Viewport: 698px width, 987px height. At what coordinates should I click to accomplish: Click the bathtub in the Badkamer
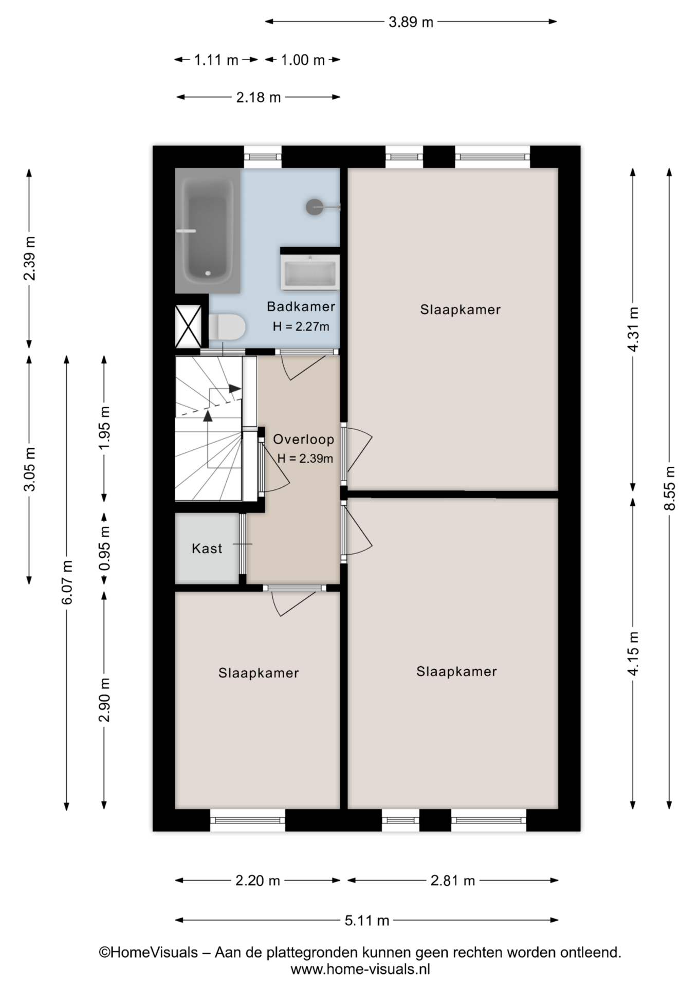[x=208, y=230]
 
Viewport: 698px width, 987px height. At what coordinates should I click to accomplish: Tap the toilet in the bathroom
[x=227, y=327]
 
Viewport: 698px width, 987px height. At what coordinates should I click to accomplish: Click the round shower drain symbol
[x=314, y=207]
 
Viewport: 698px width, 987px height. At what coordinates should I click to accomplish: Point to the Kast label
[x=207, y=549]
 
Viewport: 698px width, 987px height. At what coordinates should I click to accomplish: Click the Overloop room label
[x=303, y=440]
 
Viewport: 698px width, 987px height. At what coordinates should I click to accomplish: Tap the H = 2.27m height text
[x=301, y=326]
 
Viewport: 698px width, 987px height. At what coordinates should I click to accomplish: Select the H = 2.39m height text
[x=305, y=459]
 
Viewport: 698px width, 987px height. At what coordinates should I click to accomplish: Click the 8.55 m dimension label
[x=669, y=488]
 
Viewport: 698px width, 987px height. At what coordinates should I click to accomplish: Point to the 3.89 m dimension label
[x=411, y=22]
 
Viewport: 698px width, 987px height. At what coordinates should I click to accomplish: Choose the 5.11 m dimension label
[x=366, y=920]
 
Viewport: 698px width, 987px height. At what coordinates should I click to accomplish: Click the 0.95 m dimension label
[x=105, y=549]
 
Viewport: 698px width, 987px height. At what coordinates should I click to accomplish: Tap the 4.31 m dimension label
[x=633, y=330]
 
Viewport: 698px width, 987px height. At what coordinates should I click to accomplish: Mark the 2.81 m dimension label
[x=452, y=881]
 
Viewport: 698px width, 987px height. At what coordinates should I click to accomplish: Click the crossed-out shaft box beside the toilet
[x=188, y=326]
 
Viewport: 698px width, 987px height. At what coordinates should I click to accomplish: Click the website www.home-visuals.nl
[x=360, y=970]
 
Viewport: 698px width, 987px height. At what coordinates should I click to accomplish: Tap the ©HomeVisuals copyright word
[x=149, y=953]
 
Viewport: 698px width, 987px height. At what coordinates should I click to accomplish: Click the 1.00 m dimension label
[x=303, y=60]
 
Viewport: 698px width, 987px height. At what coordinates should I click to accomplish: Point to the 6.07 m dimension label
[x=67, y=582]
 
